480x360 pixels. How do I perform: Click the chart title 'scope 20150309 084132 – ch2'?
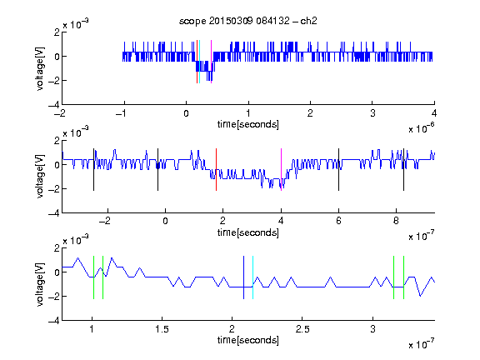tap(248, 21)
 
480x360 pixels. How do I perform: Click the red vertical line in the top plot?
tap(197, 62)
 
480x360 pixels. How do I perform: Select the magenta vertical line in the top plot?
tap(211, 62)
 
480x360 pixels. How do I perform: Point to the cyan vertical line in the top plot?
tap(200, 62)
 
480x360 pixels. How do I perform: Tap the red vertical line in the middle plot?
tap(216, 170)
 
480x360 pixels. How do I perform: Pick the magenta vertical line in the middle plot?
tap(282, 170)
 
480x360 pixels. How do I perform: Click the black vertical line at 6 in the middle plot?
tap(338, 170)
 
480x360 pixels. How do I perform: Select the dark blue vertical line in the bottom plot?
tap(243, 277)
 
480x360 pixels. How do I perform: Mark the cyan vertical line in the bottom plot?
tap(252, 277)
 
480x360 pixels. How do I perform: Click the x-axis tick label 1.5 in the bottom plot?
tap(162, 329)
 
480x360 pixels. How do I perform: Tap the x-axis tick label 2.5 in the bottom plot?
tap(302, 329)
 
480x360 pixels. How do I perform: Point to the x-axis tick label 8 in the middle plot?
tap(396, 221)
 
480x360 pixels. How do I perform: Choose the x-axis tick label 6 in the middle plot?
tap(338, 221)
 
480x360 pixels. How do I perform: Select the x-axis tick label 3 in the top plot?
tap(372, 113)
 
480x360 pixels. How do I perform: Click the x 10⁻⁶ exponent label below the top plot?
tap(422, 129)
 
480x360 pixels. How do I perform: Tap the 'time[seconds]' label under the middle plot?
tap(248, 233)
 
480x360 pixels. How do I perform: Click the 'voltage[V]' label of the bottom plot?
tap(40, 284)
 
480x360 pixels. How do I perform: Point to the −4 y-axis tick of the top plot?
tap(53, 105)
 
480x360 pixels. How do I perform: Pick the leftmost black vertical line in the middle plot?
tap(93, 170)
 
